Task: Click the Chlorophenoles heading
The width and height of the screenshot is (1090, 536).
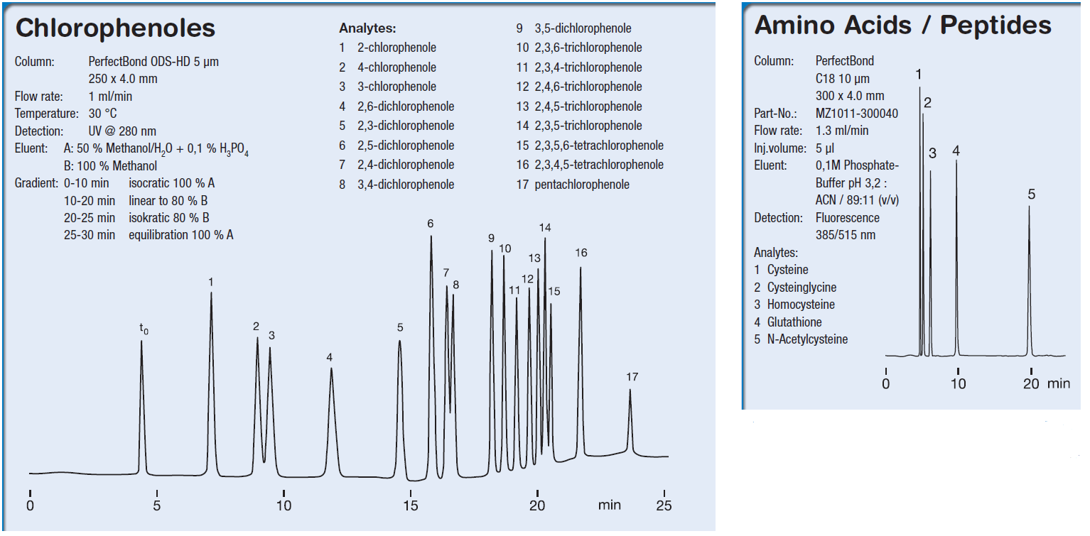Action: click(115, 28)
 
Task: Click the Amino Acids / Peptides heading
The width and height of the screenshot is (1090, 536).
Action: click(902, 26)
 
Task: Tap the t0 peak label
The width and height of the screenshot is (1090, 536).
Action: click(144, 329)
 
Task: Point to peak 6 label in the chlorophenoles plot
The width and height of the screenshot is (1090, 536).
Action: click(431, 224)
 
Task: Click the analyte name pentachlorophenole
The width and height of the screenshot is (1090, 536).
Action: click(582, 185)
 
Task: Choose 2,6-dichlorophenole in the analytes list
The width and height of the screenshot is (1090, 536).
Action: click(406, 106)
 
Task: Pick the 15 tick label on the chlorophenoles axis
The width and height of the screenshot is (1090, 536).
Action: click(411, 506)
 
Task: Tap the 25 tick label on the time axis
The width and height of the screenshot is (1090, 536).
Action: click(664, 506)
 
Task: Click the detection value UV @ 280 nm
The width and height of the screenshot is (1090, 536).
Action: click(122, 131)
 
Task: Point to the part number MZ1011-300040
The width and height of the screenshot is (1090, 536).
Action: click(856, 114)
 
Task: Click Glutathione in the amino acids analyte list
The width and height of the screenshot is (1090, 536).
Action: click(794, 322)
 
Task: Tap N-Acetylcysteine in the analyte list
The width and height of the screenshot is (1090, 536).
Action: click(807, 339)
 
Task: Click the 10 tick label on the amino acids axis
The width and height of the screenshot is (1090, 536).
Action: click(958, 384)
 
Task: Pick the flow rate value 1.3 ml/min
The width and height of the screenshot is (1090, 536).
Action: click(842, 131)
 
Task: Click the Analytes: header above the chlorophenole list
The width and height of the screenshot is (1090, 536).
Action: click(367, 29)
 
